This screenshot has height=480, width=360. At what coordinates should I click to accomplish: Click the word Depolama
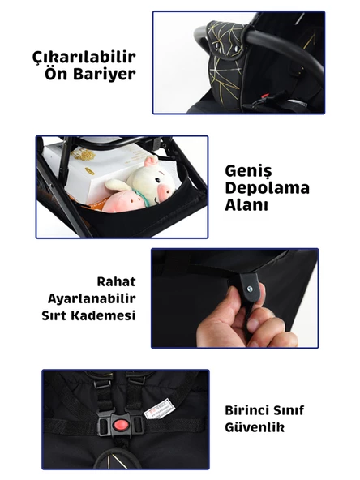point(267,188)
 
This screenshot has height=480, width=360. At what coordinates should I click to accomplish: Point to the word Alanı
point(246,206)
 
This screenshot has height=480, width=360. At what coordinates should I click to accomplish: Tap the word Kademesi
point(107,315)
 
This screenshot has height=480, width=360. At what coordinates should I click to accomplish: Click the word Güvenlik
point(255,426)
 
